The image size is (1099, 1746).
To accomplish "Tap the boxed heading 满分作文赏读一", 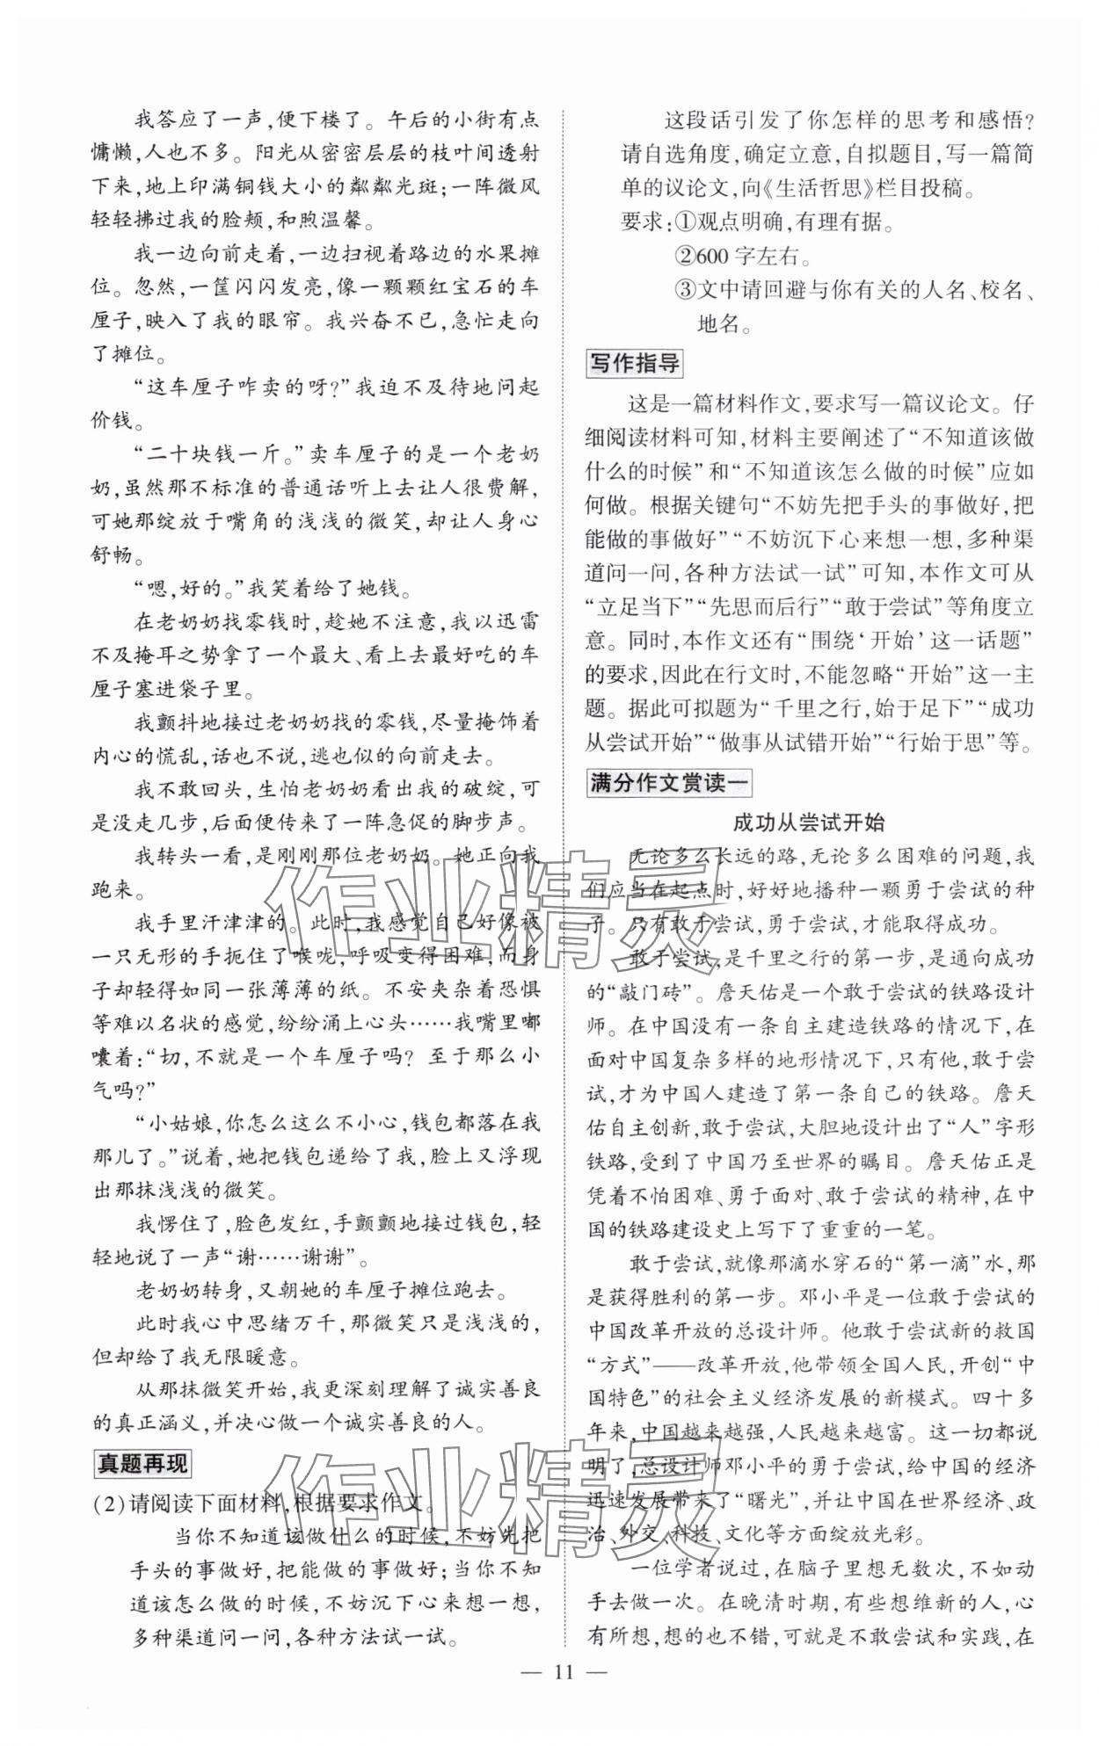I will point(669,782).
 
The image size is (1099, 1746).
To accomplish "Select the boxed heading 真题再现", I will point(142,1463).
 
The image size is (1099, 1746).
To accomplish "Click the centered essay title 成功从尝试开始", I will point(809,822).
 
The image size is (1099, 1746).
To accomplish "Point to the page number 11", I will point(564,1671).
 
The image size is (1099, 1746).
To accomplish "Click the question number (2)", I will point(111,1503).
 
